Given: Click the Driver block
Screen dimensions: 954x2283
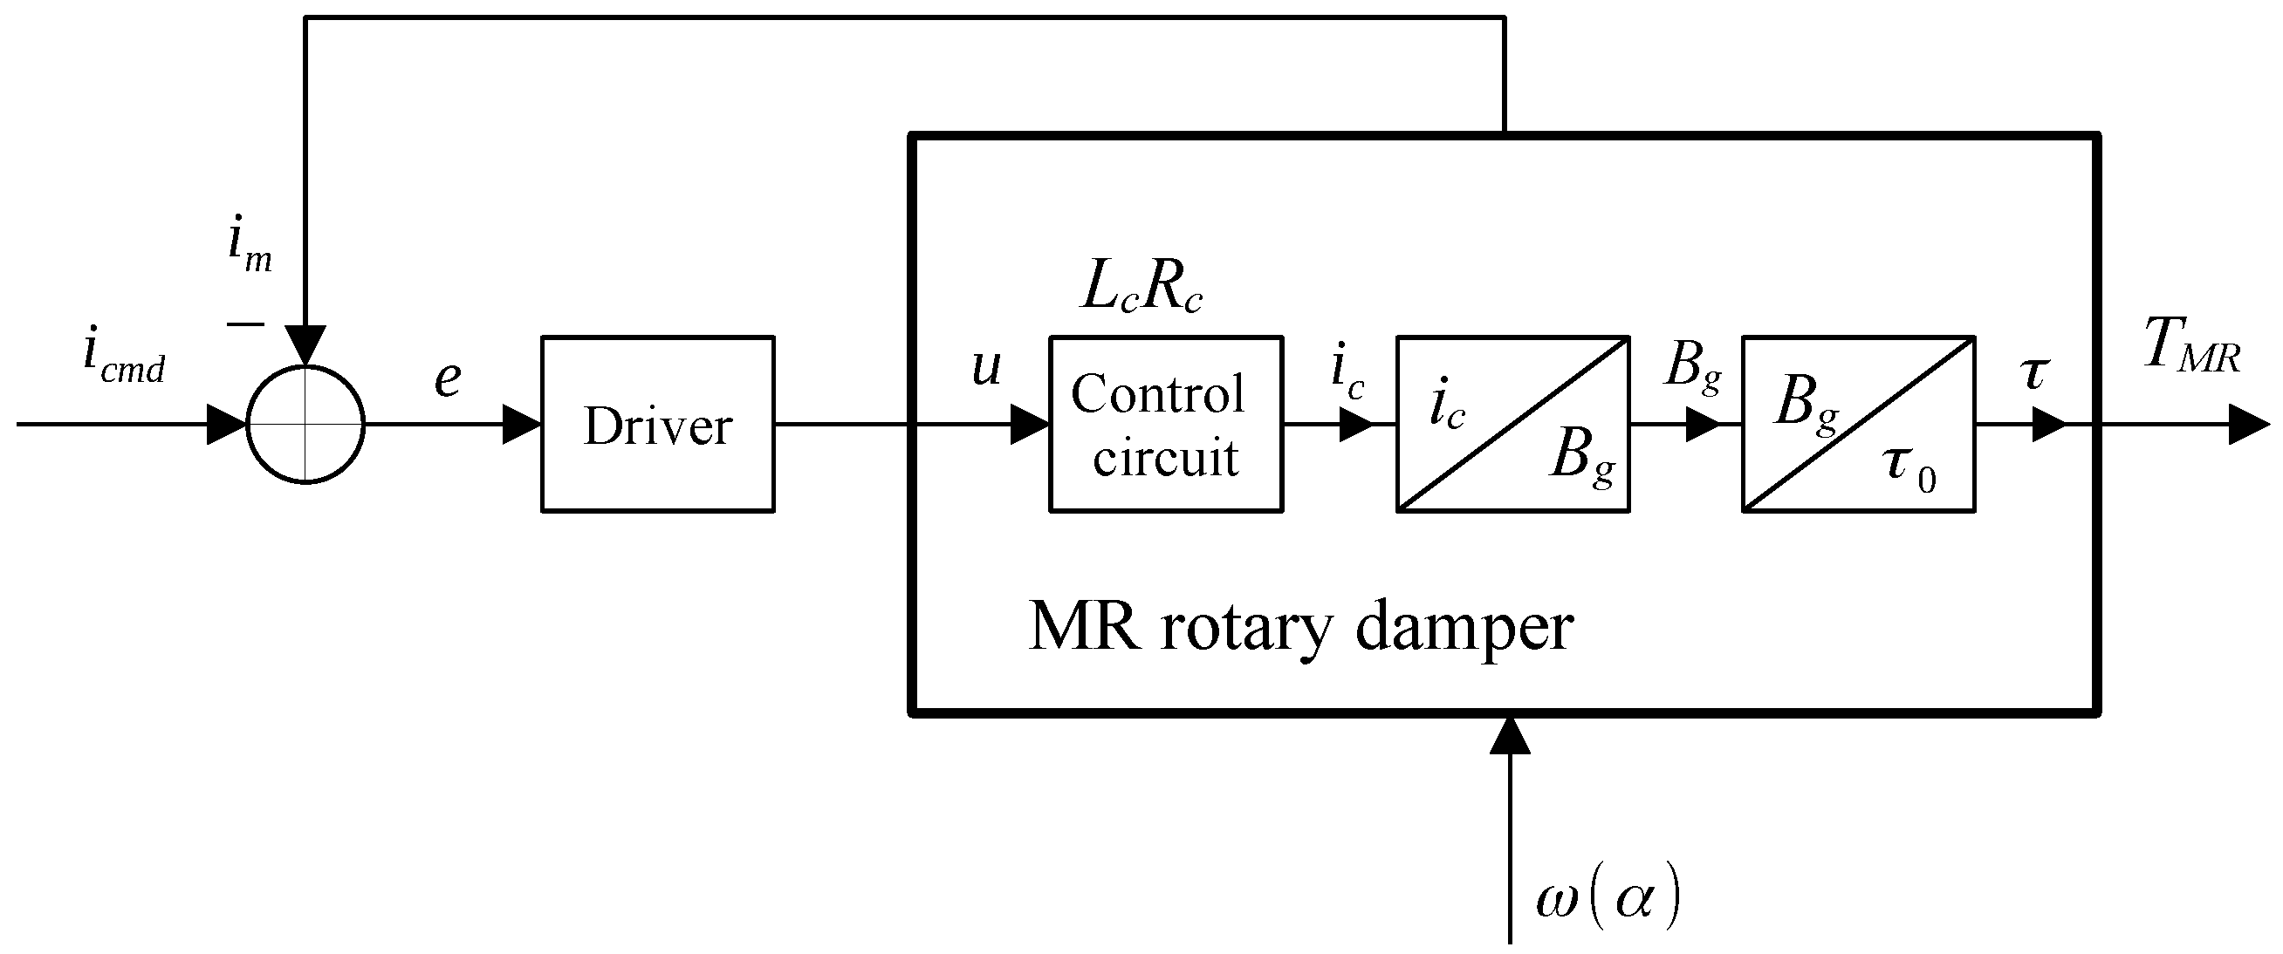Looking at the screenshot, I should click(x=658, y=425).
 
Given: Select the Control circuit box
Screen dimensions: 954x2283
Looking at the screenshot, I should click(x=1165, y=425).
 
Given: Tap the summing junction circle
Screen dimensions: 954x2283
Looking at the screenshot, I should click(x=305, y=425).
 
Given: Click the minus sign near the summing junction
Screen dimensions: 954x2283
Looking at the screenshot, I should click(x=244, y=324).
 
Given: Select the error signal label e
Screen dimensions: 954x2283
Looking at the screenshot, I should click(x=448, y=379).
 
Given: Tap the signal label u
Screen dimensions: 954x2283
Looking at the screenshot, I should click(x=985, y=368).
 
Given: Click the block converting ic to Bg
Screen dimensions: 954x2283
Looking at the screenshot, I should click(x=1512, y=425).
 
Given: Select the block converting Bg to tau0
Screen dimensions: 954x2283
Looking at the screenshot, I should click(x=1858, y=425).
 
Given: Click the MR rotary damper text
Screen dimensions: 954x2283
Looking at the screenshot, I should click(x=1300, y=627).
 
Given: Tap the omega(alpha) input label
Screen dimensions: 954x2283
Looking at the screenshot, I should click(x=1607, y=902).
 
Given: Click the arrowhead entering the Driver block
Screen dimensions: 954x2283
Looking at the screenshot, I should click(x=522, y=425).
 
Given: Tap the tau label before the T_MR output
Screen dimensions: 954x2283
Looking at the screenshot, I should click(x=2034, y=374).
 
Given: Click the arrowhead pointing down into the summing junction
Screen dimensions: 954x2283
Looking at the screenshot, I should click(x=305, y=345).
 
